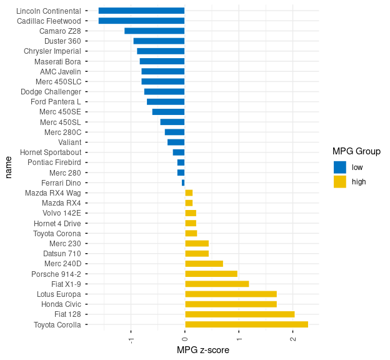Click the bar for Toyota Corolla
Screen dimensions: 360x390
tap(246, 324)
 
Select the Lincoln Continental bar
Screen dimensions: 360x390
tap(141, 11)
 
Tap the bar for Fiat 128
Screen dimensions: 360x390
tap(239, 314)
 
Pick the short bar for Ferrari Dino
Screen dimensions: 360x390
tap(183, 182)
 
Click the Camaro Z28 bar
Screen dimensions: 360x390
tap(154, 31)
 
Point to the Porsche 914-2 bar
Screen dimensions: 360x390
tap(211, 274)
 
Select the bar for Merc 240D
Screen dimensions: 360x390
tap(204, 264)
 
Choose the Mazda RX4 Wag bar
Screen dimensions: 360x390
tap(189, 193)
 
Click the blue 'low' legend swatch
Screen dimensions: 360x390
tap(340, 167)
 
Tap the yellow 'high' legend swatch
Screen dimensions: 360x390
tap(340, 182)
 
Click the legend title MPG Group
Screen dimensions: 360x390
tap(356, 151)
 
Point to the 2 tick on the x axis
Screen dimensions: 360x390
tap(292, 339)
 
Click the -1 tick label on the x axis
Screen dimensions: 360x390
tap(131, 339)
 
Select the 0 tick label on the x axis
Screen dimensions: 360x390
tap(185, 339)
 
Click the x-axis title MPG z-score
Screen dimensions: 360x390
tap(203, 351)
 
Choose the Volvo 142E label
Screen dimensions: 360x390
tap(61, 213)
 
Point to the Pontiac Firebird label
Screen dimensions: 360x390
tap(54, 162)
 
